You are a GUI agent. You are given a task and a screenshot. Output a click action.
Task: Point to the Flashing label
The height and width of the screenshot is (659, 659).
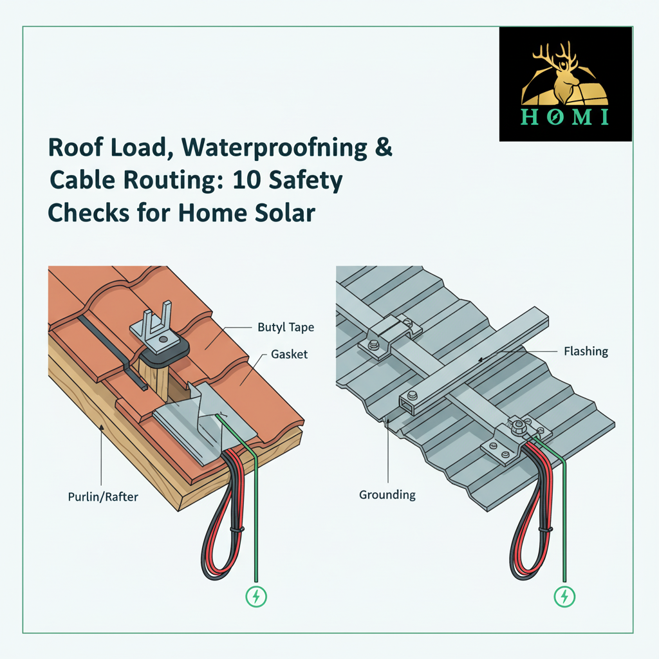pyautogui.click(x=586, y=351)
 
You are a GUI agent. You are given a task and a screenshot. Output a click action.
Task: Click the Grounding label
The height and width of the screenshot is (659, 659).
pyautogui.click(x=387, y=495)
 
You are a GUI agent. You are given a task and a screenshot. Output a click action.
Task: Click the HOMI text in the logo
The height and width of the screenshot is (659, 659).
pyautogui.click(x=565, y=117)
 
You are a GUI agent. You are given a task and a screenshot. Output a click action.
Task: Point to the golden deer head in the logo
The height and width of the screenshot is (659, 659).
pyautogui.click(x=564, y=71)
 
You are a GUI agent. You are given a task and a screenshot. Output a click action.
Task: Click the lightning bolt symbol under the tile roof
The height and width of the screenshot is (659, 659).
pyautogui.click(x=255, y=596)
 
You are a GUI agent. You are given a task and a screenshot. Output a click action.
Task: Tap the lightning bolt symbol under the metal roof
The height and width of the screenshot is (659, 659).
pyautogui.click(x=564, y=596)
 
